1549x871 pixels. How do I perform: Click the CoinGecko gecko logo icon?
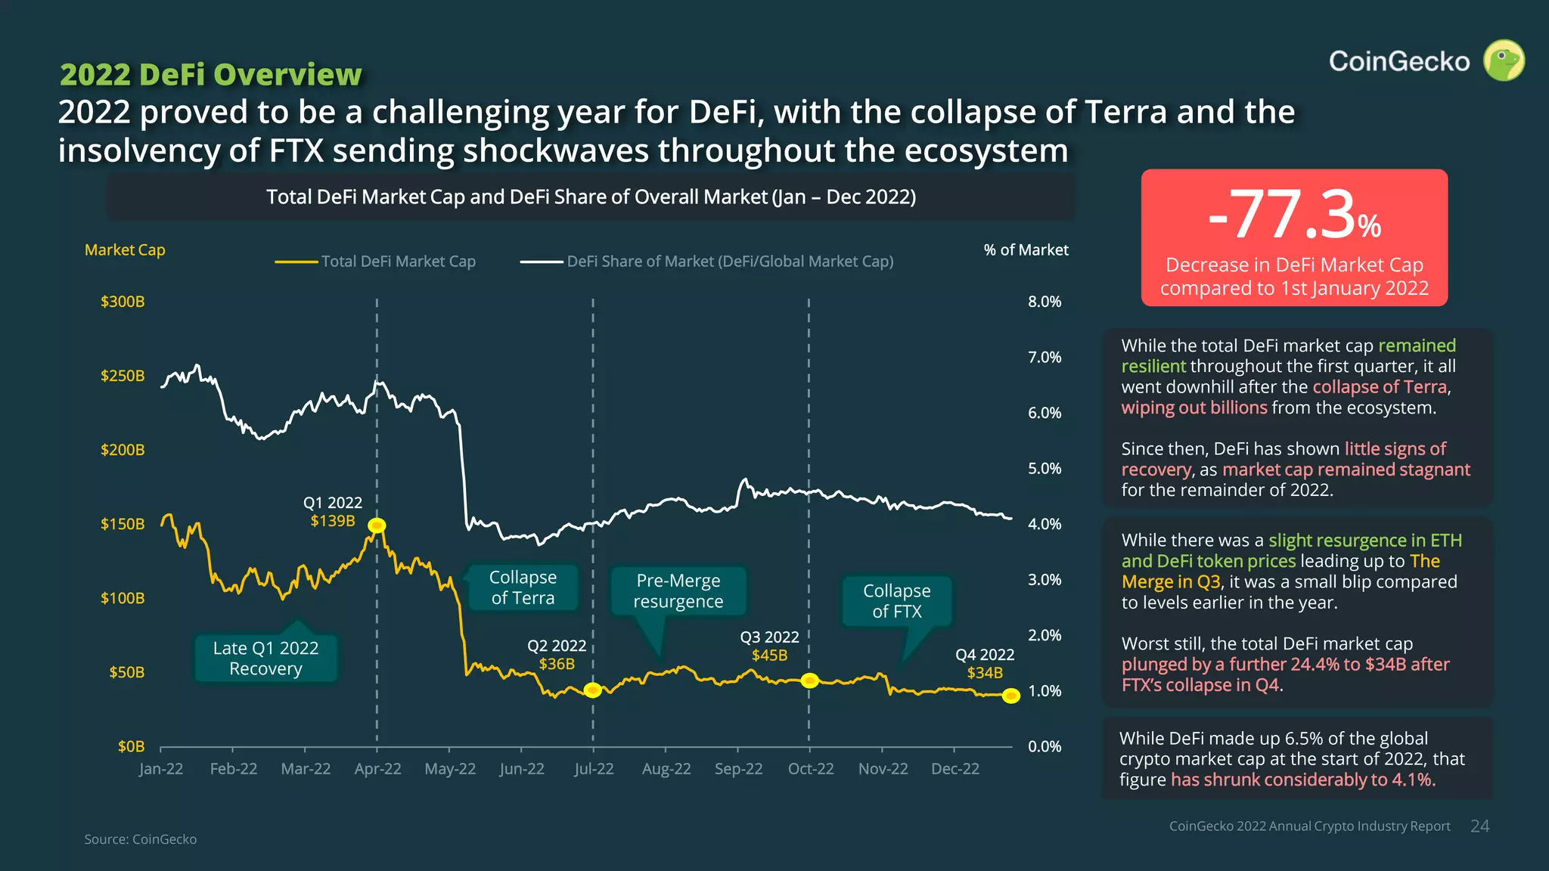point(1504,60)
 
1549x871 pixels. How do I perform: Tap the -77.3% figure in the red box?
point(1294,215)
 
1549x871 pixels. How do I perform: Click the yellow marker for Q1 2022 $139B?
point(377,525)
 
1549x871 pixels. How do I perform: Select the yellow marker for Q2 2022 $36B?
point(593,690)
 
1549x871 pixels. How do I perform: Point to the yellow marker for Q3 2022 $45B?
point(809,680)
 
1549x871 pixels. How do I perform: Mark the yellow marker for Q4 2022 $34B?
point(1010,696)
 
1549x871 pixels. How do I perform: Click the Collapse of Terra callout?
point(523,587)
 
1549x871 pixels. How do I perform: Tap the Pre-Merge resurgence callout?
point(678,590)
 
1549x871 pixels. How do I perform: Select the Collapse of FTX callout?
point(897,601)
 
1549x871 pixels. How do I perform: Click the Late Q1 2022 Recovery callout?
point(265,658)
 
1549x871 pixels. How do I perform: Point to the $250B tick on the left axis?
point(123,376)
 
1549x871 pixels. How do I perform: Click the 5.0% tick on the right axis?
point(1045,469)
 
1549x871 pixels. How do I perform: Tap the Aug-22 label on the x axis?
point(666,769)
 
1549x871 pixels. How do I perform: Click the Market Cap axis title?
point(125,250)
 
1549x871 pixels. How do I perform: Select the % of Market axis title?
point(1026,250)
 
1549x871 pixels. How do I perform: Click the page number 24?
point(1479,826)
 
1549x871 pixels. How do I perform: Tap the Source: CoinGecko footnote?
point(141,839)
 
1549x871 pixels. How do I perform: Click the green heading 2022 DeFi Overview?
point(211,75)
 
